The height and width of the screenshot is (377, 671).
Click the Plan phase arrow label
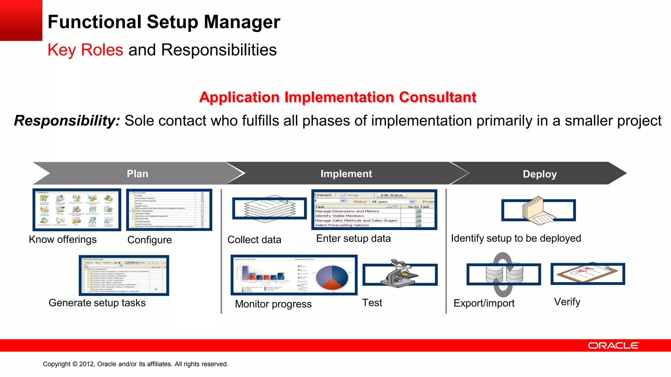pos(137,174)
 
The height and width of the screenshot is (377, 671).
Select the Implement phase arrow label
pos(346,174)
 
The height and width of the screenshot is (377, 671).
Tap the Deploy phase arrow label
pos(540,174)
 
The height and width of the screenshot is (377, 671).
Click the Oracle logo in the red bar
pos(613,346)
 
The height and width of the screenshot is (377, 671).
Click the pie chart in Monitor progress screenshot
pos(332,277)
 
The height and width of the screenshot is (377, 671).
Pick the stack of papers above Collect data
pos(269,209)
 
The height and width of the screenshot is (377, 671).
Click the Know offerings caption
pos(63,240)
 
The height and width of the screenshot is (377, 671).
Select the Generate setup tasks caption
pos(97,303)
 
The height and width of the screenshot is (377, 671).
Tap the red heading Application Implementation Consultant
pos(337,97)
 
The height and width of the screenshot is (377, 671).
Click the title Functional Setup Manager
pos(164,22)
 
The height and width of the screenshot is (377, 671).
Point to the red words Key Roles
pos(85,50)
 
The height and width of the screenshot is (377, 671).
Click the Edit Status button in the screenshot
pos(392,195)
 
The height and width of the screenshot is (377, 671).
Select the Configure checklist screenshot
pos(169,210)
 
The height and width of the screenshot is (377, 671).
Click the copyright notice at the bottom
pos(135,364)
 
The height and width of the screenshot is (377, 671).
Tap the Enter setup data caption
pos(353,239)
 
